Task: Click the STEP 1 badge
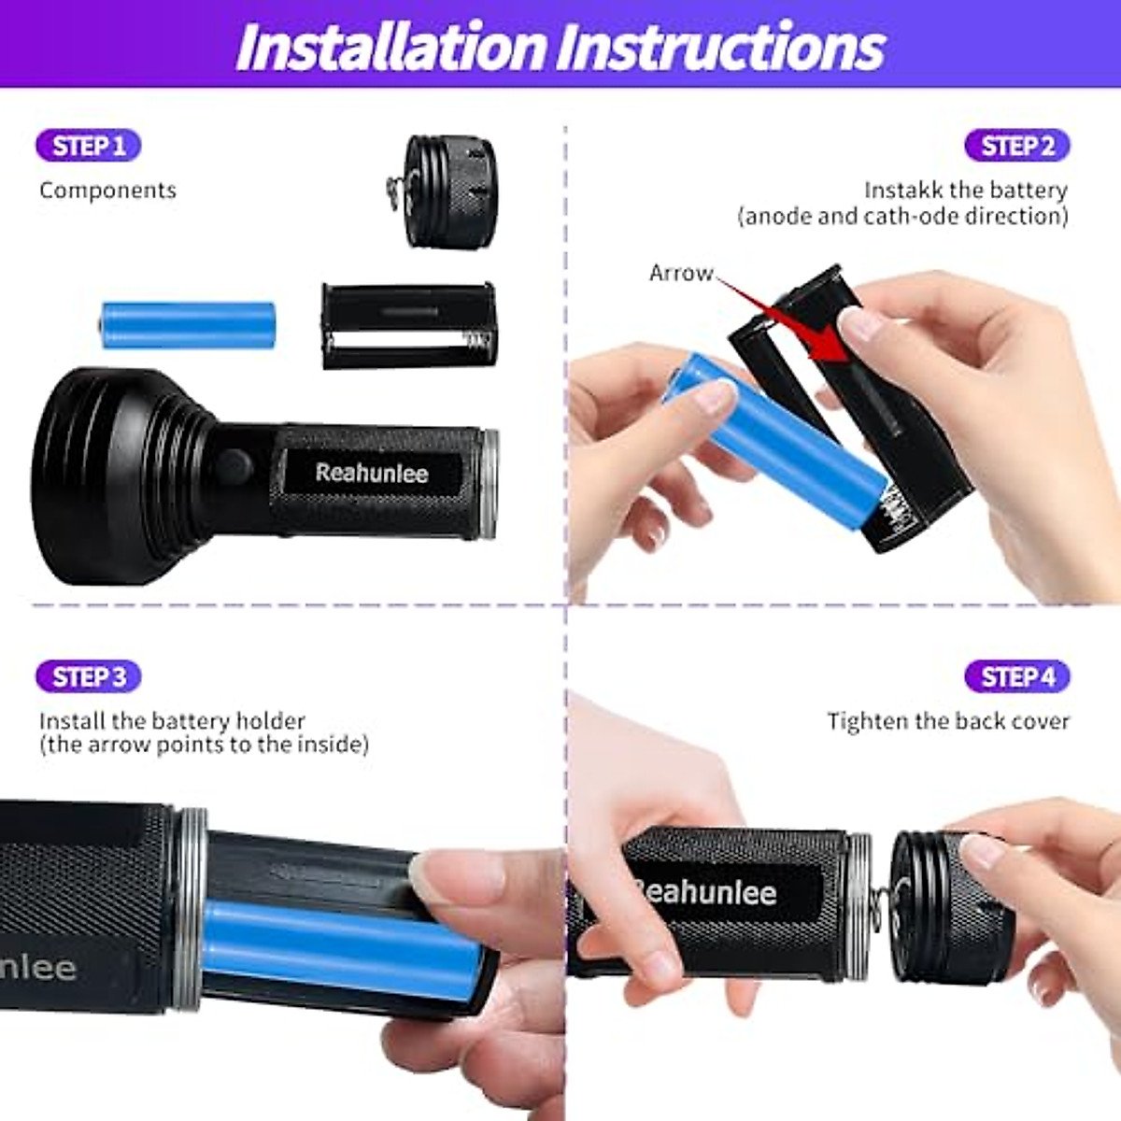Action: pyautogui.click(x=89, y=146)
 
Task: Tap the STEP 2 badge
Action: pyautogui.click(x=1017, y=146)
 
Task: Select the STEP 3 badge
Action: pyautogui.click(x=89, y=676)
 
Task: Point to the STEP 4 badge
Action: pyautogui.click(x=1017, y=676)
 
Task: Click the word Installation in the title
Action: pyautogui.click(x=391, y=47)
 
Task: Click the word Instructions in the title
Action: pyautogui.click(x=721, y=47)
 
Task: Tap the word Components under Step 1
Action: pyautogui.click(x=107, y=191)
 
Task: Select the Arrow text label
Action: pyautogui.click(x=680, y=273)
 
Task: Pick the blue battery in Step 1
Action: pyautogui.click(x=188, y=324)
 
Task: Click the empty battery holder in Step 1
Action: pyautogui.click(x=409, y=325)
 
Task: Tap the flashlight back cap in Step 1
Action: pyautogui.click(x=449, y=191)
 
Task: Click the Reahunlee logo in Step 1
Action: pyautogui.click(x=372, y=473)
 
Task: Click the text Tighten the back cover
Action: pyautogui.click(x=947, y=721)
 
